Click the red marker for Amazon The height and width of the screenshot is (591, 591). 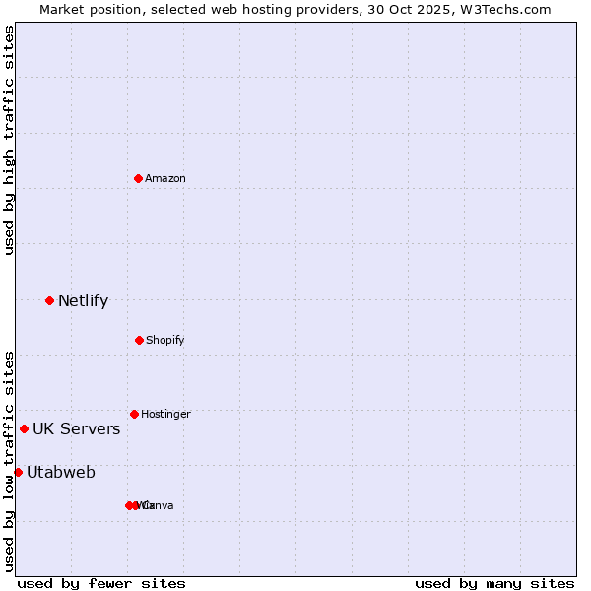click(x=138, y=178)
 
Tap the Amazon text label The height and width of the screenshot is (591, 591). click(x=165, y=178)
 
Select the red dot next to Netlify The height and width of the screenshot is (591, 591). click(x=49, y=300)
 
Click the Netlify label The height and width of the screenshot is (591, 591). click(x=83, y=301)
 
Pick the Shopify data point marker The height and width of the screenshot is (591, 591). click(x=139, y=340)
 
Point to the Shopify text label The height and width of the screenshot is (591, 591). click(x=165, y=340)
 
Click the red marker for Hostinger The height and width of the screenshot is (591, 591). click(x=134, y=414)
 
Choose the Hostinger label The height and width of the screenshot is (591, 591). click(x=165, y=414)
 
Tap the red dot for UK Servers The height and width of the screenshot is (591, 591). click(x=24, y=428)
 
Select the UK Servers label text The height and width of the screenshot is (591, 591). click(x=76, y=429)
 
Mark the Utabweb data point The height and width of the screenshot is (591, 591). click(x=18, y=472)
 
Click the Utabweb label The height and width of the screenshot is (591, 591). click(x=61, y=473)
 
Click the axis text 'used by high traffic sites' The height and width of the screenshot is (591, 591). click(x=10, y=140)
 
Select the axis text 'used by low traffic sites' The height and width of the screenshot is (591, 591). click(x=10, y=461)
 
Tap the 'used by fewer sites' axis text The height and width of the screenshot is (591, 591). click(x=101, y=583)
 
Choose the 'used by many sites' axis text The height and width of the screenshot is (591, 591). click(x=494, y=583)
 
